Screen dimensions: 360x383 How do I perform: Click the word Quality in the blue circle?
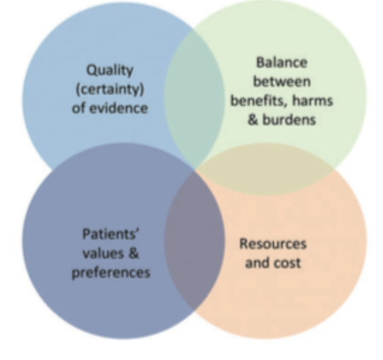110,71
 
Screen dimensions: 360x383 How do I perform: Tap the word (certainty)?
110,90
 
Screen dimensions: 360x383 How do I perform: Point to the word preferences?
110,272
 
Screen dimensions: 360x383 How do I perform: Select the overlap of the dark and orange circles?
194,244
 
